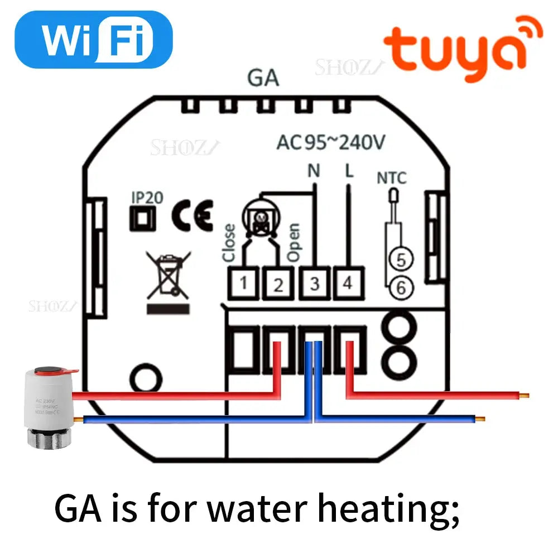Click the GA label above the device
click(263, 79)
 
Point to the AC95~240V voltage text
click(330, 142)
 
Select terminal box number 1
click(243, 283)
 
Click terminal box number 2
click(278, 283)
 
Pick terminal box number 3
click(314, 283)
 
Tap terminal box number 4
click(348, 283)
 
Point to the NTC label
click(392, 179)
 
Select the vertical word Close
click(229, 243)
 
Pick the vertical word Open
click(294, 243)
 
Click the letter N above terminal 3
click(314, 171)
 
